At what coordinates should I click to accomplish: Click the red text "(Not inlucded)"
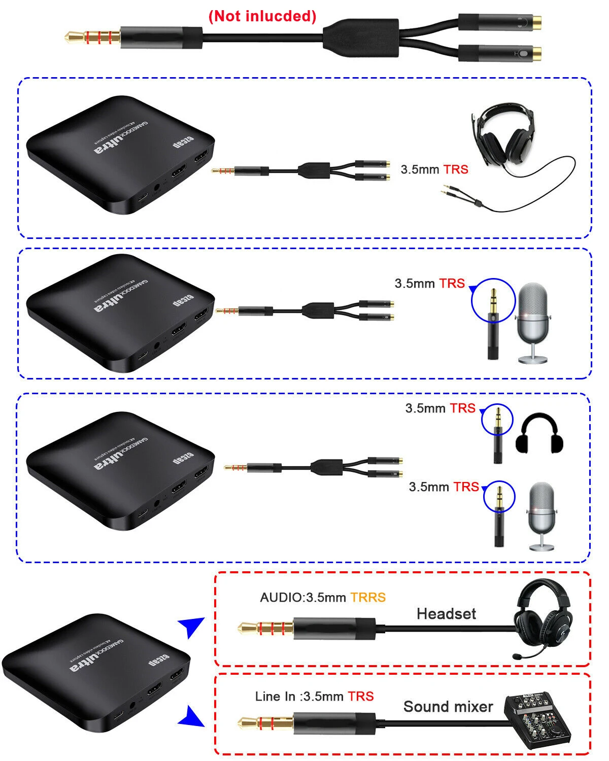coord(262,16)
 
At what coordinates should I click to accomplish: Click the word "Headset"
coord(446,614)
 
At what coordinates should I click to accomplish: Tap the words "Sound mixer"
coord(448,707)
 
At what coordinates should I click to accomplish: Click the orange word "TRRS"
coord(368,597)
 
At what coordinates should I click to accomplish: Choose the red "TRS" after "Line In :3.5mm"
coord(361,696)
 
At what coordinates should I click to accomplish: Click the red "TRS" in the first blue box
coord(456,169)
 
